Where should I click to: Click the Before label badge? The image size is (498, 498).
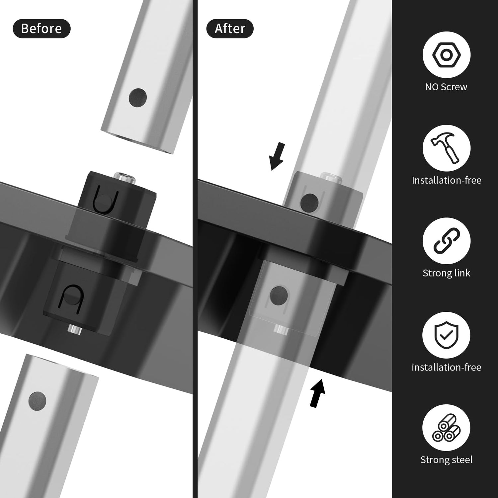41,29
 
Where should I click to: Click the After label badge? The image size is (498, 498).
230,29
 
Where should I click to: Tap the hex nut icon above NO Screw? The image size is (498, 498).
446,54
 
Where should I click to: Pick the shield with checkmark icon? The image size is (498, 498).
446,335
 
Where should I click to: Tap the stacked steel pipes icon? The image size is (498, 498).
446,428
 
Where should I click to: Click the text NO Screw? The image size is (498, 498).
446,87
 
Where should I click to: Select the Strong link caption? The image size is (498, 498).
446,273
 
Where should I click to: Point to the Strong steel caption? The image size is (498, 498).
446,460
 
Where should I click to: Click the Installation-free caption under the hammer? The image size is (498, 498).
446,180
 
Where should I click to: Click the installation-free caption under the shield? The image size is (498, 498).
446,367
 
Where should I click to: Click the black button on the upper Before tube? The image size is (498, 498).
138,98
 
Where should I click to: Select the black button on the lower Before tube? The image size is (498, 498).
37,401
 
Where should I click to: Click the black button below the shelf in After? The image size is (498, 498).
279,295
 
